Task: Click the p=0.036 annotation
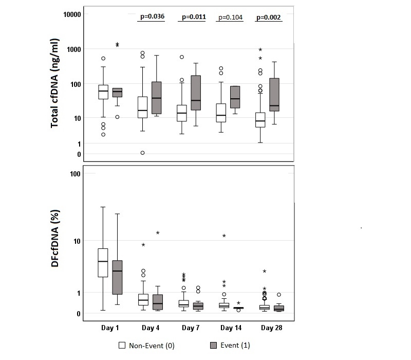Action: click(x=152, y=16)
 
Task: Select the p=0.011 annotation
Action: click(x=192, y=16)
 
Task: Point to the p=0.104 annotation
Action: click(x=230, y=17)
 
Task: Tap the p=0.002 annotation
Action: click(x=268, y=17)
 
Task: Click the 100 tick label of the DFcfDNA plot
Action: click(x=75, y=174)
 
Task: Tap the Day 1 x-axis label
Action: click(x=110, y=327)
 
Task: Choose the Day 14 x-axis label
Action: click(x=231, y=327)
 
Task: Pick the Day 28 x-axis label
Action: click(x=271, y=327)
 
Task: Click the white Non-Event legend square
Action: click(x=122, y=345)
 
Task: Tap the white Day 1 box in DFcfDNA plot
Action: click(x=103, y=263)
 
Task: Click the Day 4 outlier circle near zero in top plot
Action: click(x=142, y=153)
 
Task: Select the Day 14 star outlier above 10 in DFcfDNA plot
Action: click(x=224, y=236)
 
